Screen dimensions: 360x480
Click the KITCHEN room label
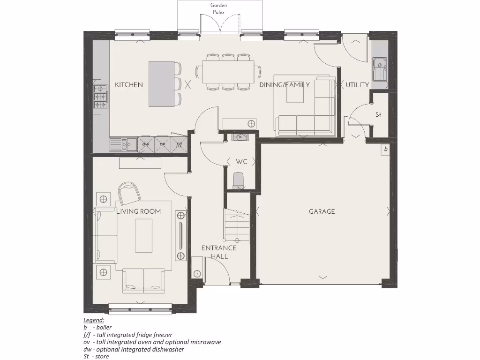(x=129, y=85)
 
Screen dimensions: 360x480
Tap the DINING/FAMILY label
(x=285, y=85)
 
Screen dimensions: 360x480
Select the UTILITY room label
(x=357, y=85)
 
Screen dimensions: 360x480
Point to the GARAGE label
(x=322, y=211)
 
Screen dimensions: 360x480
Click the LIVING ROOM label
(x=139, y=211)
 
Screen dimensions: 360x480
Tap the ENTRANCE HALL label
(x=218, y=252)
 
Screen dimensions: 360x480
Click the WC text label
(x=241, y=162)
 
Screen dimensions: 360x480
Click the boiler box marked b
(x=385, y=149)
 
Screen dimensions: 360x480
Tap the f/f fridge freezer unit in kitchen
(x=179, y=144)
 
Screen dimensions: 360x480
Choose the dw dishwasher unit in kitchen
(x=146, y=144)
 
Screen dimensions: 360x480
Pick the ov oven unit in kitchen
(x=163, y=144)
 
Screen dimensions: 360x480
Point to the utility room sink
(x=379, y=69)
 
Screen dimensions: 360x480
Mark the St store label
(x=378, y=115)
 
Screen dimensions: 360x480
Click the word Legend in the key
(x=94, y=320)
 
